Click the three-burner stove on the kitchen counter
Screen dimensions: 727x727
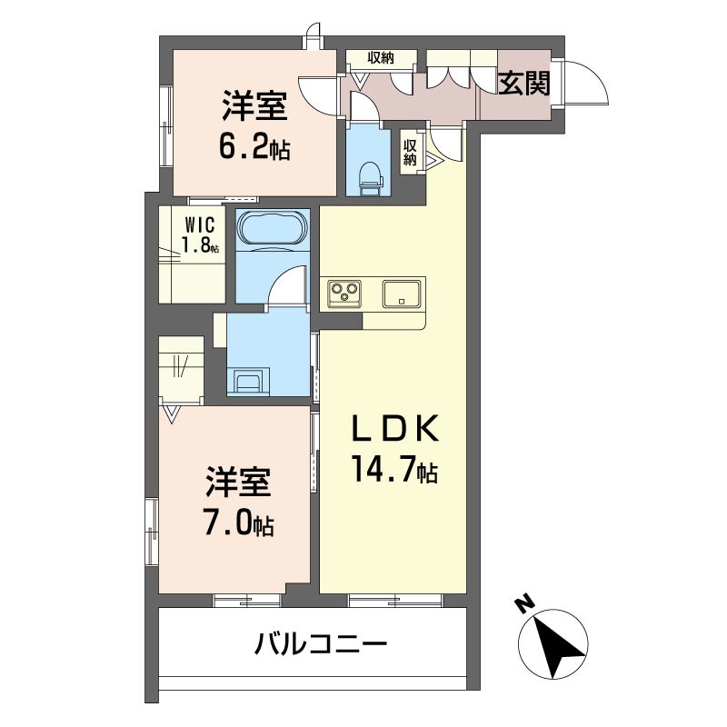(x=344, y=292)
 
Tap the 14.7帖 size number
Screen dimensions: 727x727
(x=393, y=470)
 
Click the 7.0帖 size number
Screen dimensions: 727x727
(x=238, y=524)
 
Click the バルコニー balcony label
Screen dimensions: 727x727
(x=321, y=646)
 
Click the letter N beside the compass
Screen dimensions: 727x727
(x=523, y=603)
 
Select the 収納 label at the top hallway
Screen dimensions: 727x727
(x=381, y=58)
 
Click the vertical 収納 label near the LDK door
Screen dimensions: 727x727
(x=411, y=152)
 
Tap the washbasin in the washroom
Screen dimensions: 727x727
(x=247, y=380)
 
